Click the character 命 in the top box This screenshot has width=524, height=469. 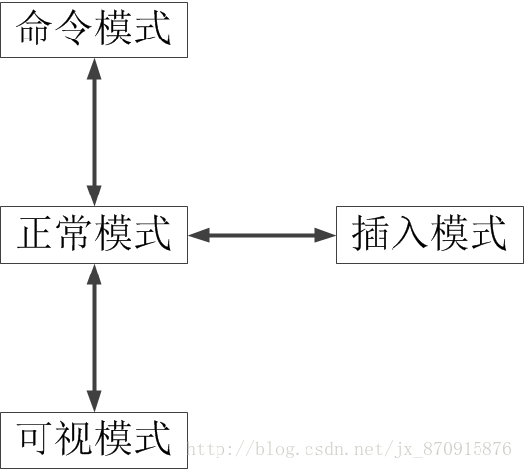pyautogui.click(x=35, y=28)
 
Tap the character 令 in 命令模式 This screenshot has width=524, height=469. pyautogui.click(x=73, y=28)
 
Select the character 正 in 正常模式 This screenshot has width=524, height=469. pyautogui.click(x=35, y=233)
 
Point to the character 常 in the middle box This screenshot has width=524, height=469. pyautogui.click(x=73, y=233)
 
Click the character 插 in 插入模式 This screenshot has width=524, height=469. pyautogui.click(x=371, y=233)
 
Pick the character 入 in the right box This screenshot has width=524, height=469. pyautogui.click(x=409, y=233)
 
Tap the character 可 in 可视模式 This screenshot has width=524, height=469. pyautogui.click(x=35, y=438)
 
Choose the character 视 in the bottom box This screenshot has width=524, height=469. pyautogui.click(x=73, y=438)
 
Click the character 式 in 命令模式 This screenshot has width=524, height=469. pyautogui.click(x=153, y=28)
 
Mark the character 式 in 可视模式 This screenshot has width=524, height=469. pyautogui.click(x=153, y=438)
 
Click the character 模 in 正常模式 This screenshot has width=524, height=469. pyautogui.click(x=113, y=233)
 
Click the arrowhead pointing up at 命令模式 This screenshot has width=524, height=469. pyautogui.click(x=94, y=69)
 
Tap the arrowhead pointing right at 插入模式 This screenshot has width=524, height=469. pyautogui.click(x=325, y=235)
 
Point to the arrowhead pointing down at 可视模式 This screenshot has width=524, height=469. pyautogui.click(x=94, y=401)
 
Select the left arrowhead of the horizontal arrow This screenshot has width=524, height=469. pyautogui.click(x=199, y=235)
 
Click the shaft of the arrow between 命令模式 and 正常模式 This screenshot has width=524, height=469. pyautogui.click(x=94, y=132)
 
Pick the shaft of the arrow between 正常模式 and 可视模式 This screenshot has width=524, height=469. pyautogui.click(x=94, y=338)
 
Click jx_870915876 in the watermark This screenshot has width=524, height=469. pyautogui.click(x=454, y=449)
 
